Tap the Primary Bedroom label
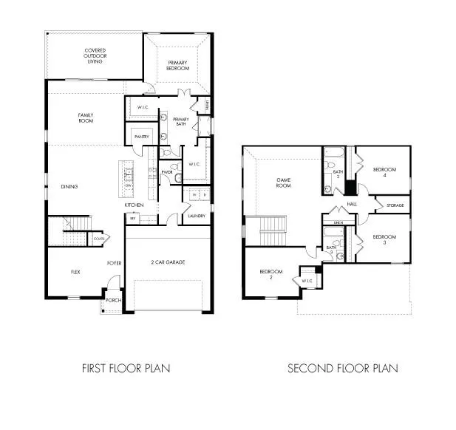click(178, 65)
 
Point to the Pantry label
click(142, 137)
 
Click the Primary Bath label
click(180, 122)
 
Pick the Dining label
click(70, 186)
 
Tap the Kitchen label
click(133, 205)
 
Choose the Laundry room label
click(196, 216)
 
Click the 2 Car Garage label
click(168, 262)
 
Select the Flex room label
click(75, 272)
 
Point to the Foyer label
click(114, 262)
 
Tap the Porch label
click(112, 301)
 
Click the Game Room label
click(284, 182)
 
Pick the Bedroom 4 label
click(384, 172)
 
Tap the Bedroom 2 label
click(270, 275)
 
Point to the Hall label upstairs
click(352, 204)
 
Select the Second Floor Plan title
click(342, 368)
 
